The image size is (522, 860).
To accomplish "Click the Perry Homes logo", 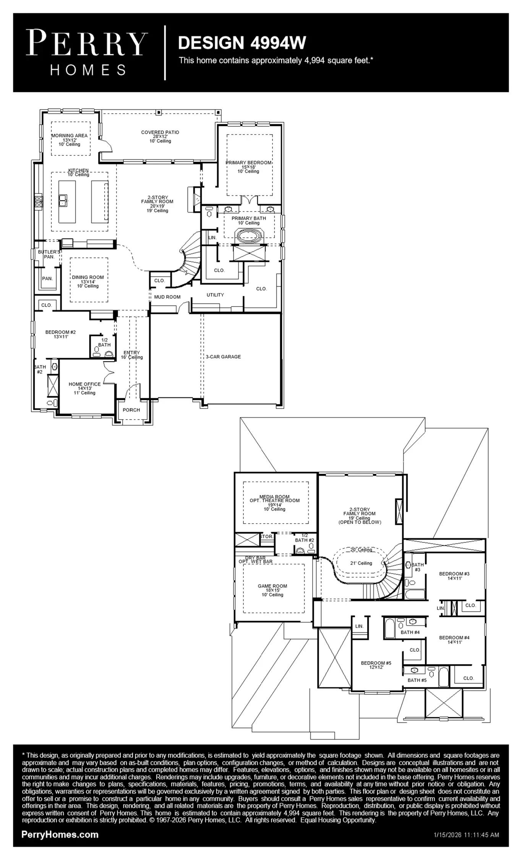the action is click(x=87, y=53).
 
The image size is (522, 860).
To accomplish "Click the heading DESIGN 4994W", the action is click(x=242, y=43).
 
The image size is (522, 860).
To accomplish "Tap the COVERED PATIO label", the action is click(x=160, y=132).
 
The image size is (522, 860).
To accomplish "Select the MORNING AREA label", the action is click(x=70, y=135).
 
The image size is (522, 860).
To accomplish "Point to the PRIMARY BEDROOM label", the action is click(x=248, y=162).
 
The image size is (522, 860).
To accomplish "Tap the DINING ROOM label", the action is click(x=88, y=277).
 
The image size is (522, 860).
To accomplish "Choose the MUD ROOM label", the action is click(x=167, y=297).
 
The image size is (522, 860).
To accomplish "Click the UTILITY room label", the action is click(x=215, y=295).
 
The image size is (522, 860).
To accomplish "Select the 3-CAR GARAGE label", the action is click(x=224, y=357).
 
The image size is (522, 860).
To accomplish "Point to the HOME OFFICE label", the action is click(x=85, y=384).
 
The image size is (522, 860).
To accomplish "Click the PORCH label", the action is click(x=131, y=410).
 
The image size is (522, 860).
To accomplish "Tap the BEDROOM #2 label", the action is click(x=60, y=332).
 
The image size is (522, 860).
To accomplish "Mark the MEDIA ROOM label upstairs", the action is click(x=274, y=497).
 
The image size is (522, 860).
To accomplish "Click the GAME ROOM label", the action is click(x=272, y=586).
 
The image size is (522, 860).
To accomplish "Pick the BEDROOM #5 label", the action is click(x=376, y=663).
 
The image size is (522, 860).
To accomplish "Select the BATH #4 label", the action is click(x=410, y=632).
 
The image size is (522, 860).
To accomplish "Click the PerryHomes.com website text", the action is click(x=60, y=834).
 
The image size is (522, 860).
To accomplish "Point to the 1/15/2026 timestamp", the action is click(x=467, y=835).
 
